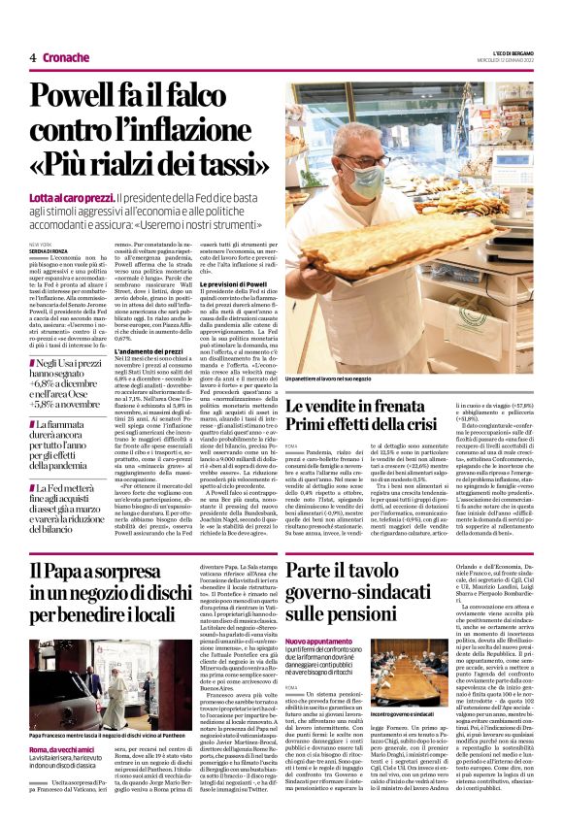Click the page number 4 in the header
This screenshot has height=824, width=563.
coord(32,58)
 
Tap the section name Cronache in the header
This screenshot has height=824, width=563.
coord(65,58)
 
